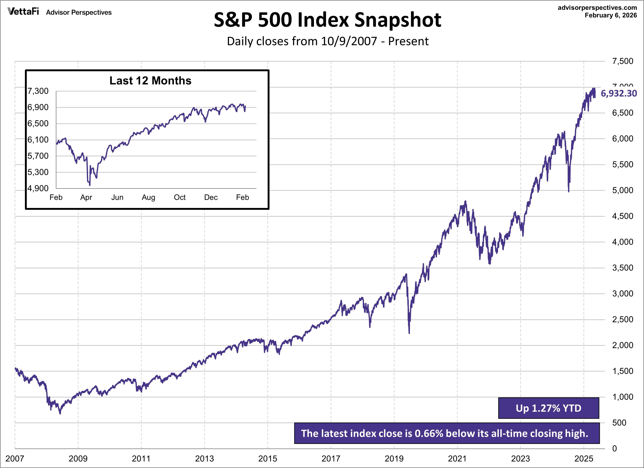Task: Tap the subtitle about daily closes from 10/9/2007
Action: pos(327,41)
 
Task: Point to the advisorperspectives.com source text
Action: pos(597,8)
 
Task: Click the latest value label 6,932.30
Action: pos(618,93)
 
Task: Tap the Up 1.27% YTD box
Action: pos(548,408)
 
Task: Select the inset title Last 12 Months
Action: pos(150,81)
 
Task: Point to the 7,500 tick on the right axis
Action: pos(622,61)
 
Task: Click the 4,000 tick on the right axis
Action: pos(622,242)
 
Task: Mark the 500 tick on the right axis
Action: pos(619,423)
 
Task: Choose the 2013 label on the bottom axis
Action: pos(204,459)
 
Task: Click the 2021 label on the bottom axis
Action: pos(457,459)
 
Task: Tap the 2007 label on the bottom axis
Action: pos(15,459)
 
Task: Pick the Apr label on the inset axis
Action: pos(86,197)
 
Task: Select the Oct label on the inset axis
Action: pos(180,197)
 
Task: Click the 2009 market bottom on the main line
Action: pos(60,413)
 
